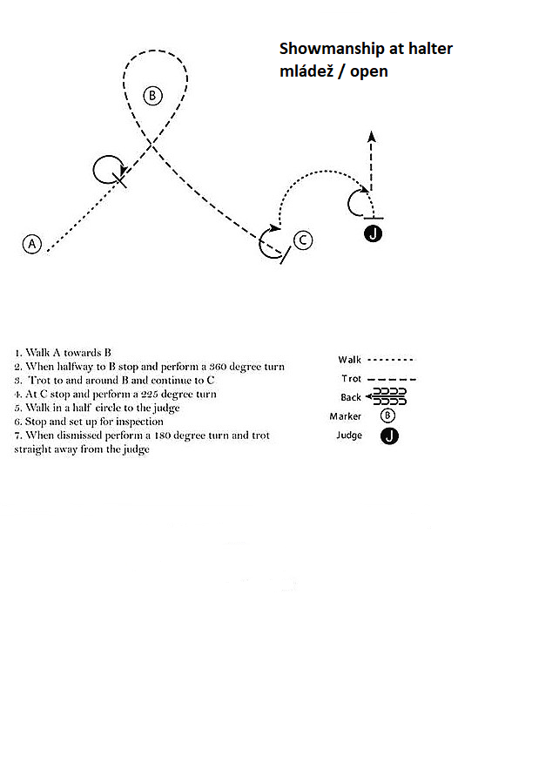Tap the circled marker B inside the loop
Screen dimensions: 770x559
pos(152,96)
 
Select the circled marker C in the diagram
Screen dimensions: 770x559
pos(301,240)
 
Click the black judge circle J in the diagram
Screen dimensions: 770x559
pos(374,233)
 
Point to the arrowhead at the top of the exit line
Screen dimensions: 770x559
pos(372,136)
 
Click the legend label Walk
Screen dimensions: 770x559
pos(350,360)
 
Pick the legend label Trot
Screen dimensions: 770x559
pos(350,379)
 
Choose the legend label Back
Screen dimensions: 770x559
pos(351,397)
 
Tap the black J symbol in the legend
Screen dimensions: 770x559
pos(389,436)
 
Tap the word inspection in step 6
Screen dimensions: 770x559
pos(138,422)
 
